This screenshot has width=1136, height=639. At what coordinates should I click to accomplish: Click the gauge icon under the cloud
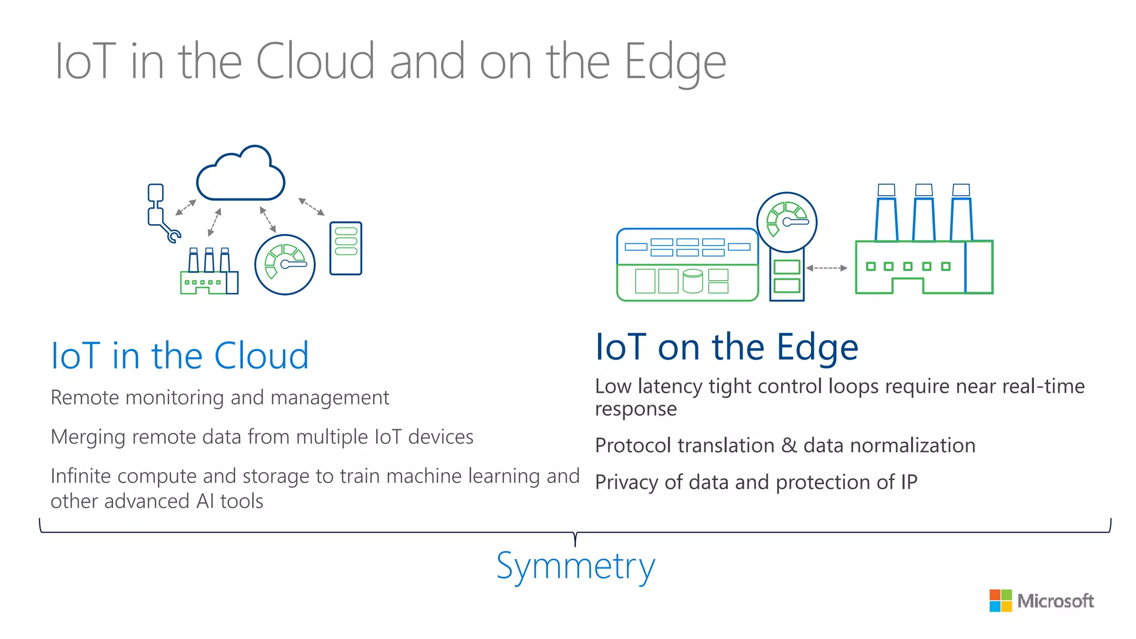[x=285, y=265]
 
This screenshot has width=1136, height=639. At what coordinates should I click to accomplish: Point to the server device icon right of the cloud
[x=346, y=248]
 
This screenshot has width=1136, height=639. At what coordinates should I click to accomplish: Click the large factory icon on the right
[x=924, y=250]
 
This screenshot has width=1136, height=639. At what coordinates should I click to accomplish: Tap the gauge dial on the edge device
[x=787, y=222]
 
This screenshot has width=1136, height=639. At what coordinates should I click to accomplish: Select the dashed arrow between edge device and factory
[x=826, y=268]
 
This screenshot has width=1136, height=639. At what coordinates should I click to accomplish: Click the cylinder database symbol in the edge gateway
[x=693, y=281]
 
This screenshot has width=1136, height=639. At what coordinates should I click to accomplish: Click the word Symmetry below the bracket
[x=575, y=566]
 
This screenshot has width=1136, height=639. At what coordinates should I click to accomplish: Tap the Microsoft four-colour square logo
[x=1001, y=601]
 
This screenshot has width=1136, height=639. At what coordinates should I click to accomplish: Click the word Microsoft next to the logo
[x=1056, y=601]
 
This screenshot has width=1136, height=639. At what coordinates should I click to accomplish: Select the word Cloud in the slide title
[x=315, y=62]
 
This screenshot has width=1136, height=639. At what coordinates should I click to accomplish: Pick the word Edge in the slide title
[x=674, y=63]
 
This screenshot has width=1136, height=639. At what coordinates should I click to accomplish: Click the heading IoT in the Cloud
[x=180, y=356]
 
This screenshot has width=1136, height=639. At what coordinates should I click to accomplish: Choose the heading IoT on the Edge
[x=727, y=347]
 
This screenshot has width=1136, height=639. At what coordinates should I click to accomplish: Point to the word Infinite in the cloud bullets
[x=84, y=476]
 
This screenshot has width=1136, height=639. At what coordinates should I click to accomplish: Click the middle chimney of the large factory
[x=924, y=214]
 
